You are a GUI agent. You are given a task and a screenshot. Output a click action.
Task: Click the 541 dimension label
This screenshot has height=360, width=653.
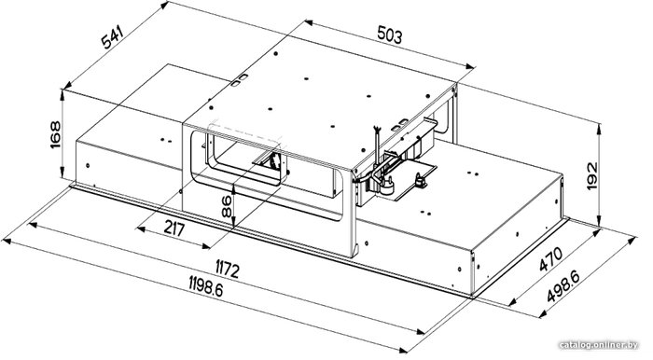113,37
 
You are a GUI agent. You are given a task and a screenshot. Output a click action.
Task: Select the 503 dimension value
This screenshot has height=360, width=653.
390,35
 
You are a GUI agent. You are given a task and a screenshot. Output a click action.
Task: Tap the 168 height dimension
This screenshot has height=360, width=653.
55,134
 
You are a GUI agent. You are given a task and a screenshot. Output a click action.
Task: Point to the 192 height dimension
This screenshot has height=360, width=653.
591,175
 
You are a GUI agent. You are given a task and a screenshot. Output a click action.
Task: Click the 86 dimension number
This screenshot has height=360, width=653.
227,206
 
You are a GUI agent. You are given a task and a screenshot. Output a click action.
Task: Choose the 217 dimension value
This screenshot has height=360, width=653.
174,228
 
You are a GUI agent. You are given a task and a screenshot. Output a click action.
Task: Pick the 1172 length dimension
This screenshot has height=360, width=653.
228,269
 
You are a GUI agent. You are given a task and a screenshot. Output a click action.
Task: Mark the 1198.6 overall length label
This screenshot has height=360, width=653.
206,286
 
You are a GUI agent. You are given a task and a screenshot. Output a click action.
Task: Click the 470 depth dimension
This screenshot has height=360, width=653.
550,259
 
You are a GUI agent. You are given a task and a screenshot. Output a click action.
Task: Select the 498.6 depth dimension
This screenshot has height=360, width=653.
563,286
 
